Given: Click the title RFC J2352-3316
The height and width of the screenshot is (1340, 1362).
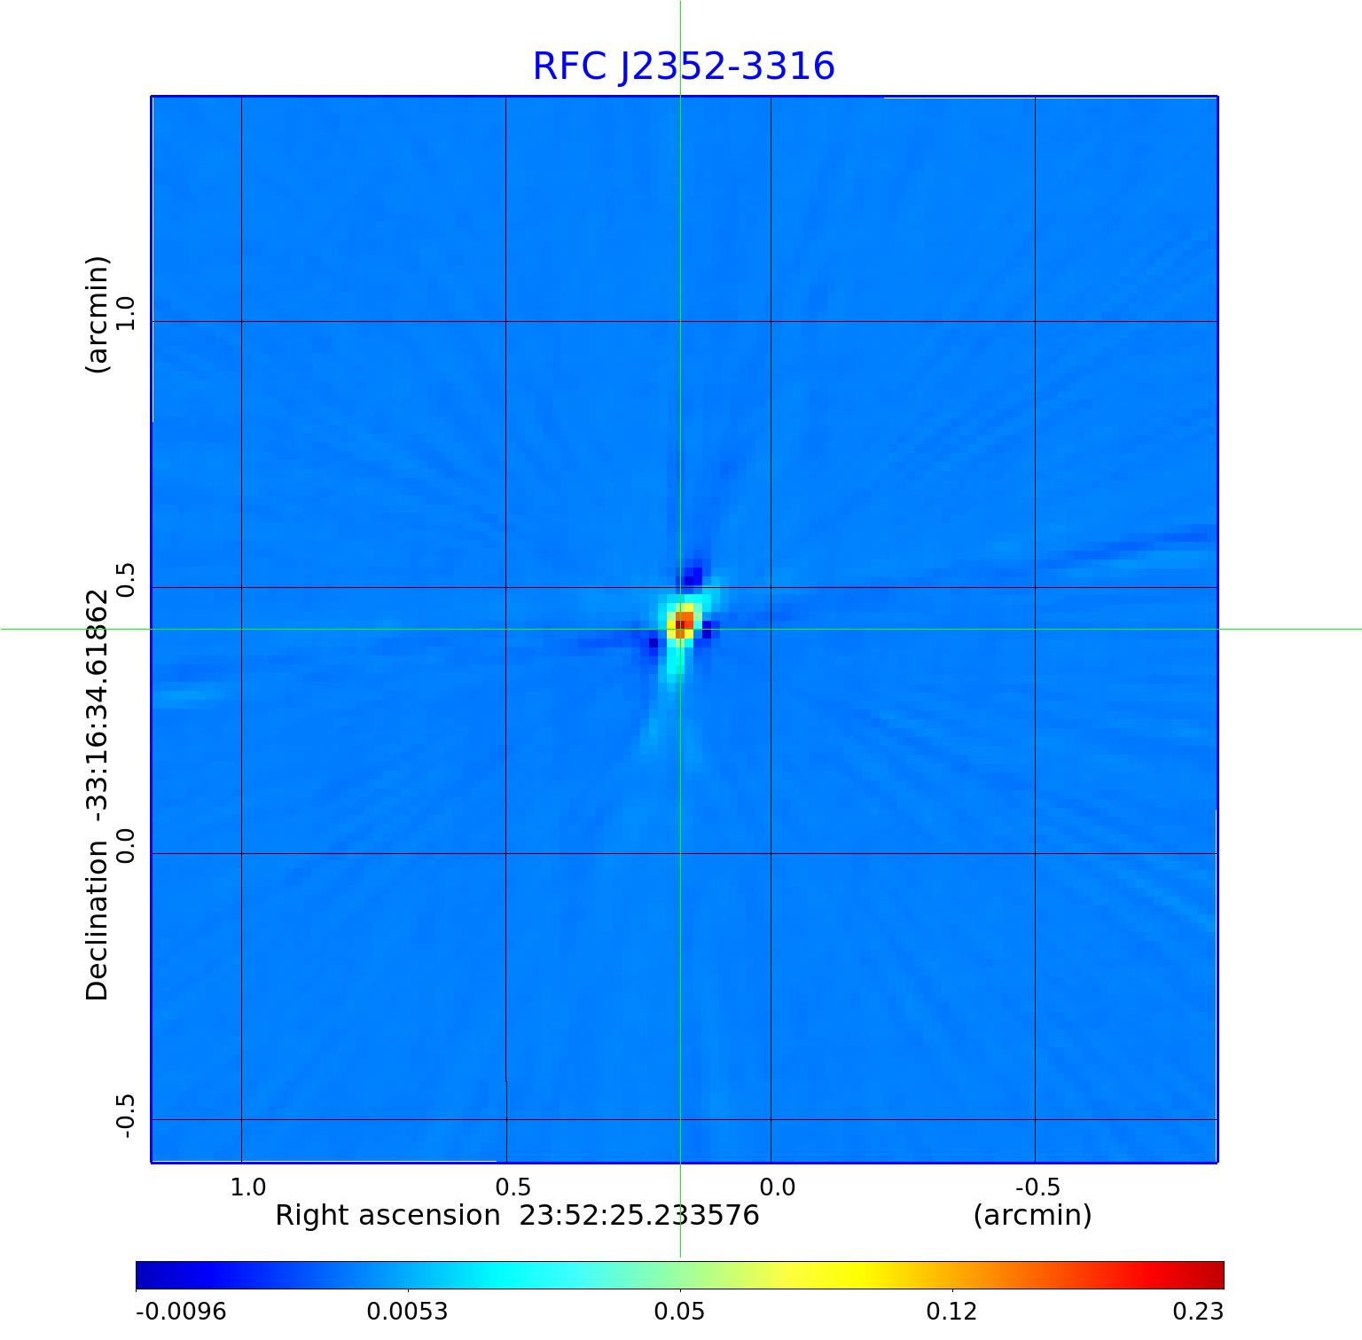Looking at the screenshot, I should (683, 67).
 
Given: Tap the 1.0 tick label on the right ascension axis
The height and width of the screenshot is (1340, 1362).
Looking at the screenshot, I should (248, 1187).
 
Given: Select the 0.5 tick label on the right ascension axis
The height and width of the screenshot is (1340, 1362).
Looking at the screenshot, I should (513, 1187).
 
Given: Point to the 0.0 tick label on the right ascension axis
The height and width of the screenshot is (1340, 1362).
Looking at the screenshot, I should (778, 1187).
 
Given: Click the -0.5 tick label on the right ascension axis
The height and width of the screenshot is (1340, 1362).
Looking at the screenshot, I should (1038, 1187).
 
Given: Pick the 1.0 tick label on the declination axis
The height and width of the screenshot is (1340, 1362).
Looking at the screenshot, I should (125, 314).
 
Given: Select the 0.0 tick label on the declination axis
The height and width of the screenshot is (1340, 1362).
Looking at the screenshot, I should (125, 845).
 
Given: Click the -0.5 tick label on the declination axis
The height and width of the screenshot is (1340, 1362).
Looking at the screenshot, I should (125, 1116).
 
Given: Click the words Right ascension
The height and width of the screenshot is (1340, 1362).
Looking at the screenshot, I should (387, 1215).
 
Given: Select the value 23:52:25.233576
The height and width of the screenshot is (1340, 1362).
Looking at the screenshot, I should (638, 1215).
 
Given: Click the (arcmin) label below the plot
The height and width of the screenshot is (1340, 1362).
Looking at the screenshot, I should (1032, 1215).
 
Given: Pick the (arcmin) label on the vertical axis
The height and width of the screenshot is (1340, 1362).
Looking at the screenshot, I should (97, 314).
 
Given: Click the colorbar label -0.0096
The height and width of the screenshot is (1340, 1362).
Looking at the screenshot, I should (181, 1311).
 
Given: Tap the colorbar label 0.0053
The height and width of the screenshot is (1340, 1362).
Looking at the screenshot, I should (408, 1311).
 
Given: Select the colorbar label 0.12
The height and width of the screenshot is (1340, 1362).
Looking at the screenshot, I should (951, 1311).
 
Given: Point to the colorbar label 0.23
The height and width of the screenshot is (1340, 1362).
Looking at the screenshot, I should (1199, 1311).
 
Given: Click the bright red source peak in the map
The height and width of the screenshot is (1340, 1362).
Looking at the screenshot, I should (685, 620).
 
